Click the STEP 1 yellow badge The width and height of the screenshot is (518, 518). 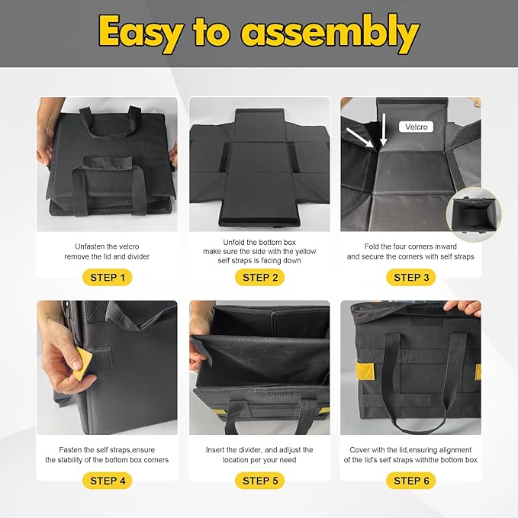108,277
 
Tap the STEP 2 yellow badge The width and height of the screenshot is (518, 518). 259,277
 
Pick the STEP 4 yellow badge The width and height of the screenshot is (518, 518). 108,481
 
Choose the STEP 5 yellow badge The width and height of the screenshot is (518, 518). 259,481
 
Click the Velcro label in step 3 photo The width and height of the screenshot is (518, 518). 417,127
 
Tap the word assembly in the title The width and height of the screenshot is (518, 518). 330,34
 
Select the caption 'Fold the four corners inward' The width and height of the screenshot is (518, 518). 410,246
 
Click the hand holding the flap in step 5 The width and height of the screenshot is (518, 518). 198,343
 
